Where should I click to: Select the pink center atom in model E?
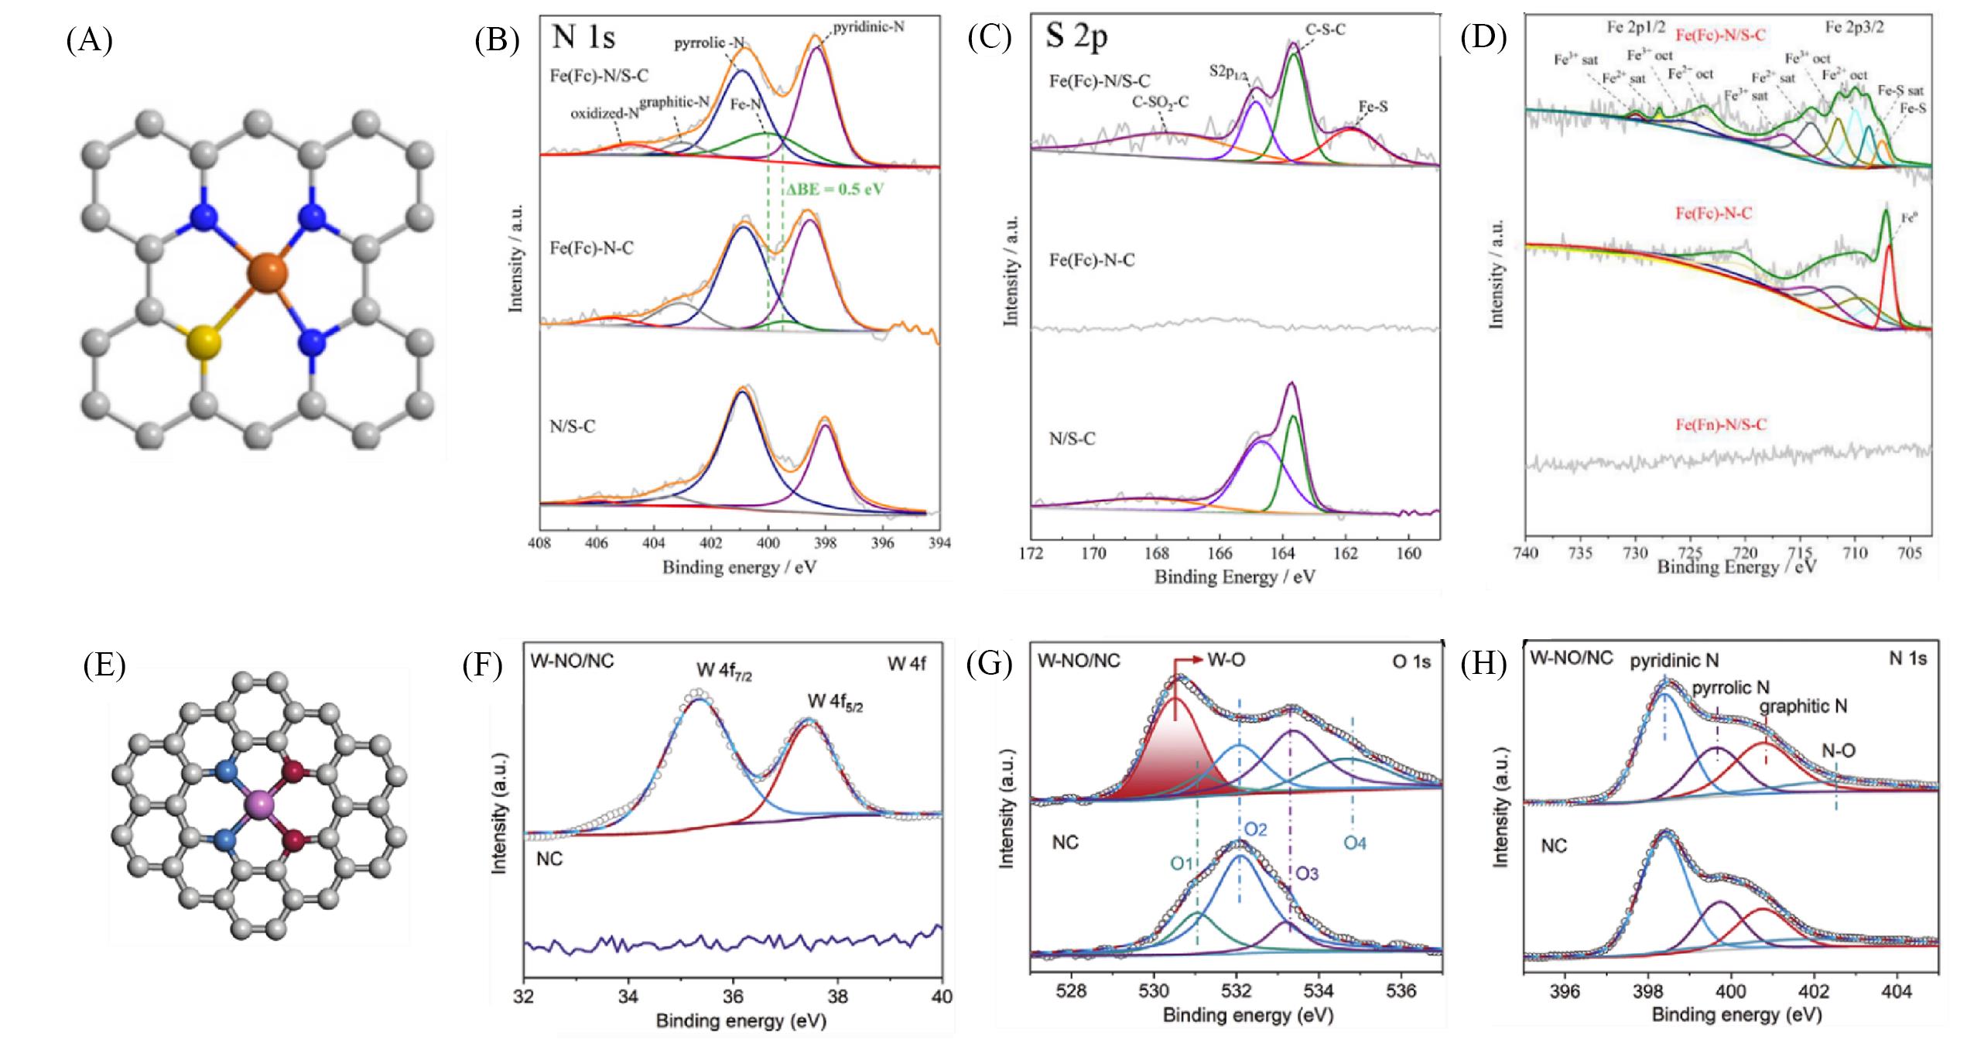[x=260, y=806]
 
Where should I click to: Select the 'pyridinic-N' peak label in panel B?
[x=867, y=27]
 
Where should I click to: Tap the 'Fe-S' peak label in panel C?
[x=1373, y=108]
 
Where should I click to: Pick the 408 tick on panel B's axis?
[x=539, y=544]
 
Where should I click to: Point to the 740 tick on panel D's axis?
[x=1526, y=553]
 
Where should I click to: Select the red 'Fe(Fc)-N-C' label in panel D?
[x=1713, y=214]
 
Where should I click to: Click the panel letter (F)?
[x=483, y=665]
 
